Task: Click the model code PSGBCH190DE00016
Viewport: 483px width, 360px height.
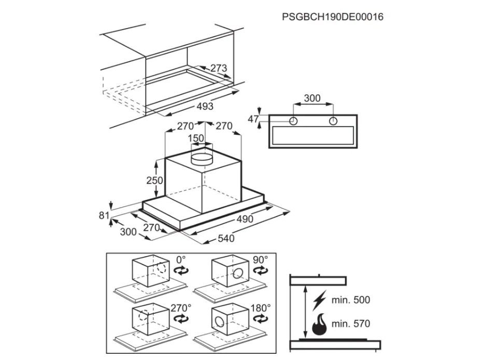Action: tap(333, 17)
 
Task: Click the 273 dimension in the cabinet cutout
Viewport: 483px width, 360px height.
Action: tap(219, 68)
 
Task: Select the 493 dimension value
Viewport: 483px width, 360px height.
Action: tap(205, 106)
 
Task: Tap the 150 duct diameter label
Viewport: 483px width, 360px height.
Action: tap(196, 138)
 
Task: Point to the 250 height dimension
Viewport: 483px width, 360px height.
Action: tap(154, 180)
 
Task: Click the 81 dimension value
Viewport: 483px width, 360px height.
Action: tap(104, 215)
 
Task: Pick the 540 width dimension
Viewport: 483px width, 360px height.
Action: tap(226, 238)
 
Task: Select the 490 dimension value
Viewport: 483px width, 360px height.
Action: tap(245, 219)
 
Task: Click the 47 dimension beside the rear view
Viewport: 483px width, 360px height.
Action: tap(253, 119)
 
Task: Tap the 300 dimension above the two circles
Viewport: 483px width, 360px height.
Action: tap(312, 98)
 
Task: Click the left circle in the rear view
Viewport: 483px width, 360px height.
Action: tap(293, 121)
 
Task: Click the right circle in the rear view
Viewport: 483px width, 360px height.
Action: tap(333, 121)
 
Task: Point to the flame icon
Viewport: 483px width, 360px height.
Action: tap(319, 324)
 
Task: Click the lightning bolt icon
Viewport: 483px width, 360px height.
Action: tap(319, 300)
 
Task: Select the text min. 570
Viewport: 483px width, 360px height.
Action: tap(350, 324)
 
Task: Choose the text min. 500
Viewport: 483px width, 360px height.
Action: tap(350, 300)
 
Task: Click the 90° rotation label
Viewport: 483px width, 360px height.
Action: tap(260, 260)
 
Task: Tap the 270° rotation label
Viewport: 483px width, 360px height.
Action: tap(181, 308)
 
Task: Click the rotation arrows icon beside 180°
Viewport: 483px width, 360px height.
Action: tap(261, 319)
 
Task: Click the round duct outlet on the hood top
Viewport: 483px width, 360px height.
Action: tap(202, 158)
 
